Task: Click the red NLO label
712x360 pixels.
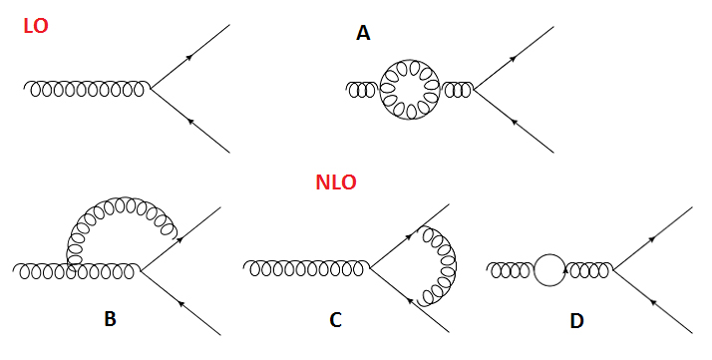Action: coord(336,183)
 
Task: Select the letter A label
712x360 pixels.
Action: coord(363,34)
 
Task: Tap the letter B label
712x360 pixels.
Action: coord(110,319)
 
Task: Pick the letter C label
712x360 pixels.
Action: coord(335,319)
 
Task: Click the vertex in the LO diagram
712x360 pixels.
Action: coord(151,89)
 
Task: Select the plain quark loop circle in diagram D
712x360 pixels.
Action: coord(549,269)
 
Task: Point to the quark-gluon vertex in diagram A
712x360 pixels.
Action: coord(474,90)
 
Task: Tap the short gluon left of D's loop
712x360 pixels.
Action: coord(511,269)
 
